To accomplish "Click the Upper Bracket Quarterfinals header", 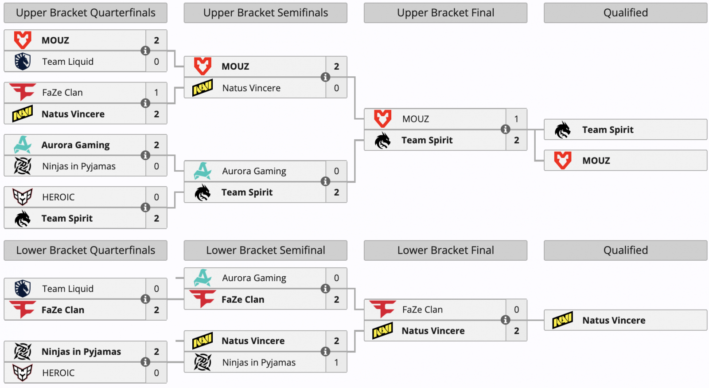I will click(86, 13).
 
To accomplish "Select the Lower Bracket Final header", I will click(445, 251).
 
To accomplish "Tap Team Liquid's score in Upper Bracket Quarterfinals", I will click(156, 62).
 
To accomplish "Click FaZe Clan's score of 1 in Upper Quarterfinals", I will click(156, 93).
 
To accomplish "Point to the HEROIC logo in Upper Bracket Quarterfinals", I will click(23, 197).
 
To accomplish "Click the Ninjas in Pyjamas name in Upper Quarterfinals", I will click(79, 166).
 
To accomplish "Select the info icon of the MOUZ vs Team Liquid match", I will click(145, 51).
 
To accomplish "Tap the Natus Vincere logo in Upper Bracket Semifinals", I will click(203, 88).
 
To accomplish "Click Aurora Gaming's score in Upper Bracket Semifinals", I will click(336, 171).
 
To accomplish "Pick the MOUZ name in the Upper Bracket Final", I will click(416, 119).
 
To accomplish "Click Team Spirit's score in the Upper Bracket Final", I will click(516, 140).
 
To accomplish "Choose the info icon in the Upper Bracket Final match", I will click(505, 129).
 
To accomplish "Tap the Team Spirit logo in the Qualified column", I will click(563, 130).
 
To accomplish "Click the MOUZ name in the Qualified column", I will click(596, 161).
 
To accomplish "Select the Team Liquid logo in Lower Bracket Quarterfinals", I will click(23, 289).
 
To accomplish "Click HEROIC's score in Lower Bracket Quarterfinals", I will click(156, 373).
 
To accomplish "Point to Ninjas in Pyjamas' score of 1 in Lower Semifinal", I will click(336, 362).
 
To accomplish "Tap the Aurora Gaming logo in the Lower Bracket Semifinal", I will click(203, 278).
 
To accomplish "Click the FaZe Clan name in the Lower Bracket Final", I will click(422, 310).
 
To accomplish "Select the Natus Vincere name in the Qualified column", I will click(614, 320).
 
